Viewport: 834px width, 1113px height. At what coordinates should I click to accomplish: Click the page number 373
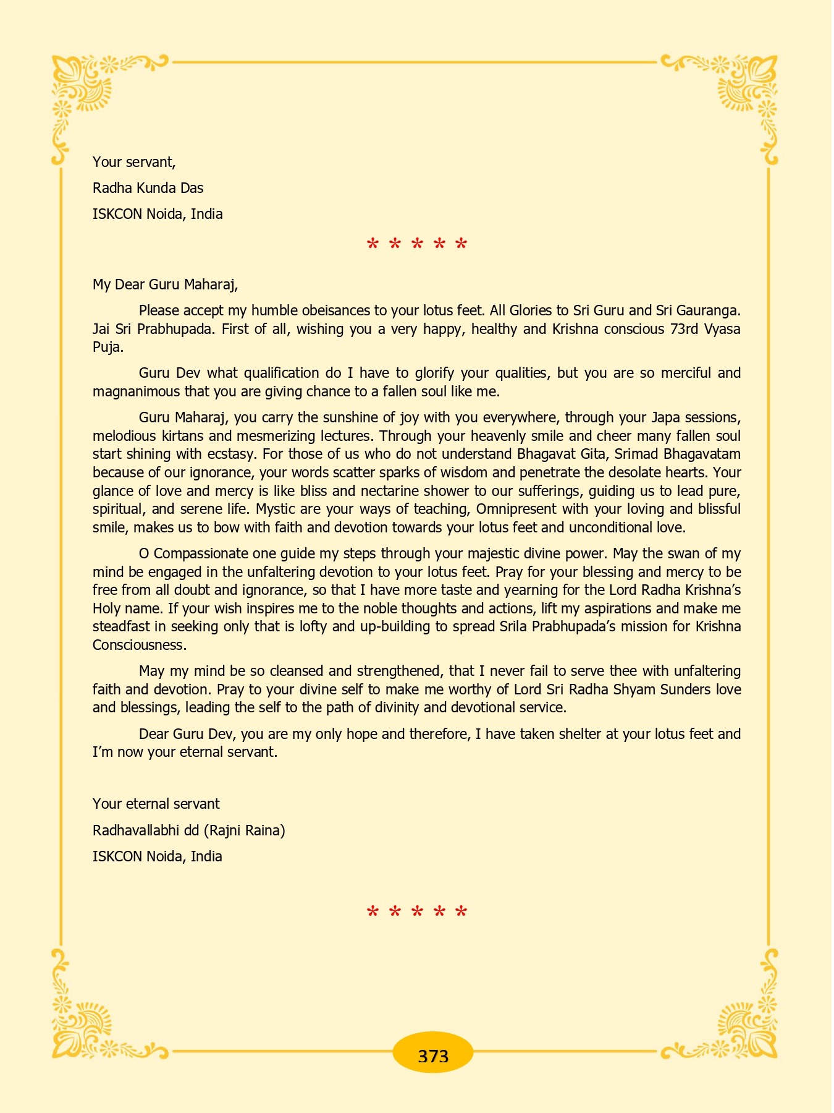pyautogui.click(x=432, y=1055)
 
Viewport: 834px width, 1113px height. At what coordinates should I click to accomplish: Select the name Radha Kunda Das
pyautogui.click(x=148, y=188)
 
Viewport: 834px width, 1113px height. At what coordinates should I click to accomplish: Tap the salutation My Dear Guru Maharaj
pyautogui.click(x=165, y=284)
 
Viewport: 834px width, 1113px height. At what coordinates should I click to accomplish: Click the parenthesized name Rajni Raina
pyautogui.click(x=244, y=830)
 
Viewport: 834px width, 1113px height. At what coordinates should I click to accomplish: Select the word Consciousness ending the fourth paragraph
pyautogui.click(x=139, y=645)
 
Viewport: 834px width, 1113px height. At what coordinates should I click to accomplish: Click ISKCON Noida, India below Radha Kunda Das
pyautogui.click(x=158, y=215)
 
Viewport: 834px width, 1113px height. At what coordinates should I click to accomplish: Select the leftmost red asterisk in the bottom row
pyautogui.click(x=373, y=913)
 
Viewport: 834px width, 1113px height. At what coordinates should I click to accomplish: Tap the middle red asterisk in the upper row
pyautogui.click(x=417, y=245)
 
